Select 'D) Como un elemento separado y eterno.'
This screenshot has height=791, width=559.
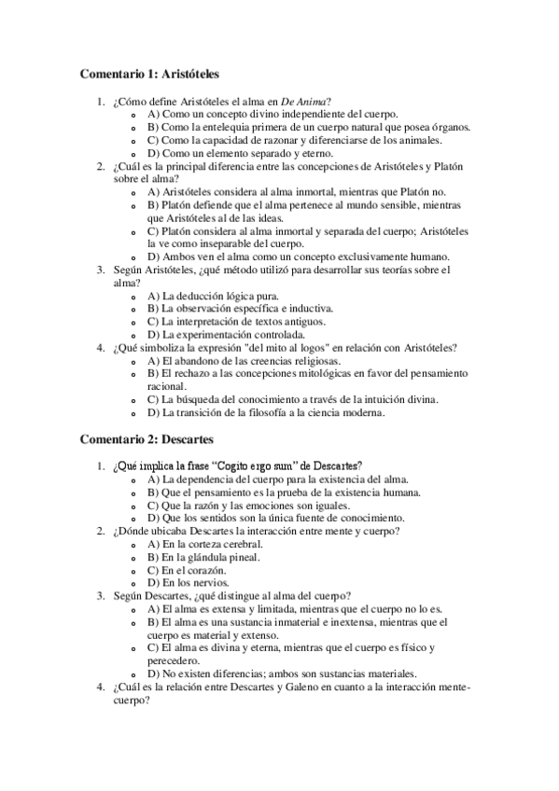pyautogui.click(x=240, y=153)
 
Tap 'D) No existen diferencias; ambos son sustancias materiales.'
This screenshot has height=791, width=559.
pyautogui.click(x=282, y=673)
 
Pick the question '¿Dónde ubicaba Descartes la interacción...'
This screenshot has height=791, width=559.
pyautogui.click(x=255, y=531)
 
